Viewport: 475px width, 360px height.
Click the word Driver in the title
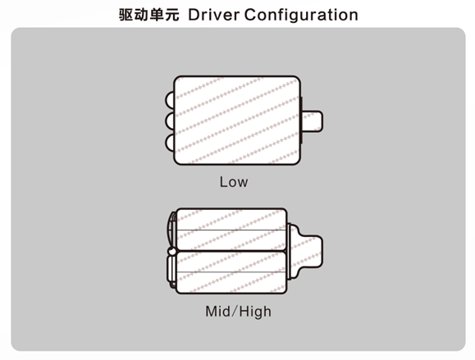click(x=214, y=15)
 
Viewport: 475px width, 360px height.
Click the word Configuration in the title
click(x=301, y=16)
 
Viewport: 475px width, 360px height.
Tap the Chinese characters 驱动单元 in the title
click(x=148, y=15)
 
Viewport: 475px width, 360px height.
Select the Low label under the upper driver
click(x=234, y=182)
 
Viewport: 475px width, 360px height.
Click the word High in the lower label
click(x=255, y=312)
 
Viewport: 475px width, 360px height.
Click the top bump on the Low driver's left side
click(x=170, y=100)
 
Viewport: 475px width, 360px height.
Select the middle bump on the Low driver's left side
click(x=170, y=121)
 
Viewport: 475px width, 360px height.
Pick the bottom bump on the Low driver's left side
click(x=170, y=143)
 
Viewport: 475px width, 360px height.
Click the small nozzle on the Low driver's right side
click(x=312, y=121)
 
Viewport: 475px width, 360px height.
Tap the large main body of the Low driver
click(x=237, y=121)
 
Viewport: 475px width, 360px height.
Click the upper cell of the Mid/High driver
click(x=231, y=230)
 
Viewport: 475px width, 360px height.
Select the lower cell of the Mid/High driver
click(x=231, y=272)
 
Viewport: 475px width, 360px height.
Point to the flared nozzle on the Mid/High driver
click(x=305, y=251)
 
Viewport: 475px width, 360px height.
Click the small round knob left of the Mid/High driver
click(x=171, y=251)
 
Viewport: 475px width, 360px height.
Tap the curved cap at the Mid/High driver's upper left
click(x=172, y=230)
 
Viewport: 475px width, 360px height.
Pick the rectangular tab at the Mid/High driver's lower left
click(x=171, y=270)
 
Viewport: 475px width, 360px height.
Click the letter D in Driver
click(x=194, y=15)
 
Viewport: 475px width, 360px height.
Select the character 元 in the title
click(x=171, y=15)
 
